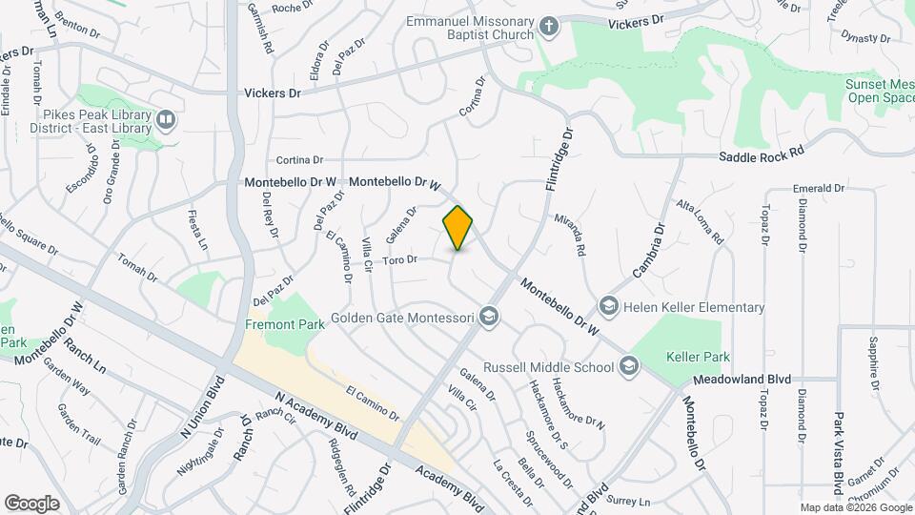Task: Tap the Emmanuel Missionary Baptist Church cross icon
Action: (548, 26)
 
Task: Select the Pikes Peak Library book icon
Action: (167, 119)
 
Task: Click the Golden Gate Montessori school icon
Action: (489, 317)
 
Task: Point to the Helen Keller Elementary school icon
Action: (608, 306)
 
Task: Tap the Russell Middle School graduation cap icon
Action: (628, 365)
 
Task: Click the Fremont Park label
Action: (285, 324)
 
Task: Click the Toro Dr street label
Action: (400, 259)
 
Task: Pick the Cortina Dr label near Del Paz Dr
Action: (299, 160)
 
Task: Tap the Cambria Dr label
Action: (647, 250)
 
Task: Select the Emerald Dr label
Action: (819, 188)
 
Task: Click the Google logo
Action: (31, 504)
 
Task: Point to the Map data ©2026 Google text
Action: (854, 507)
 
